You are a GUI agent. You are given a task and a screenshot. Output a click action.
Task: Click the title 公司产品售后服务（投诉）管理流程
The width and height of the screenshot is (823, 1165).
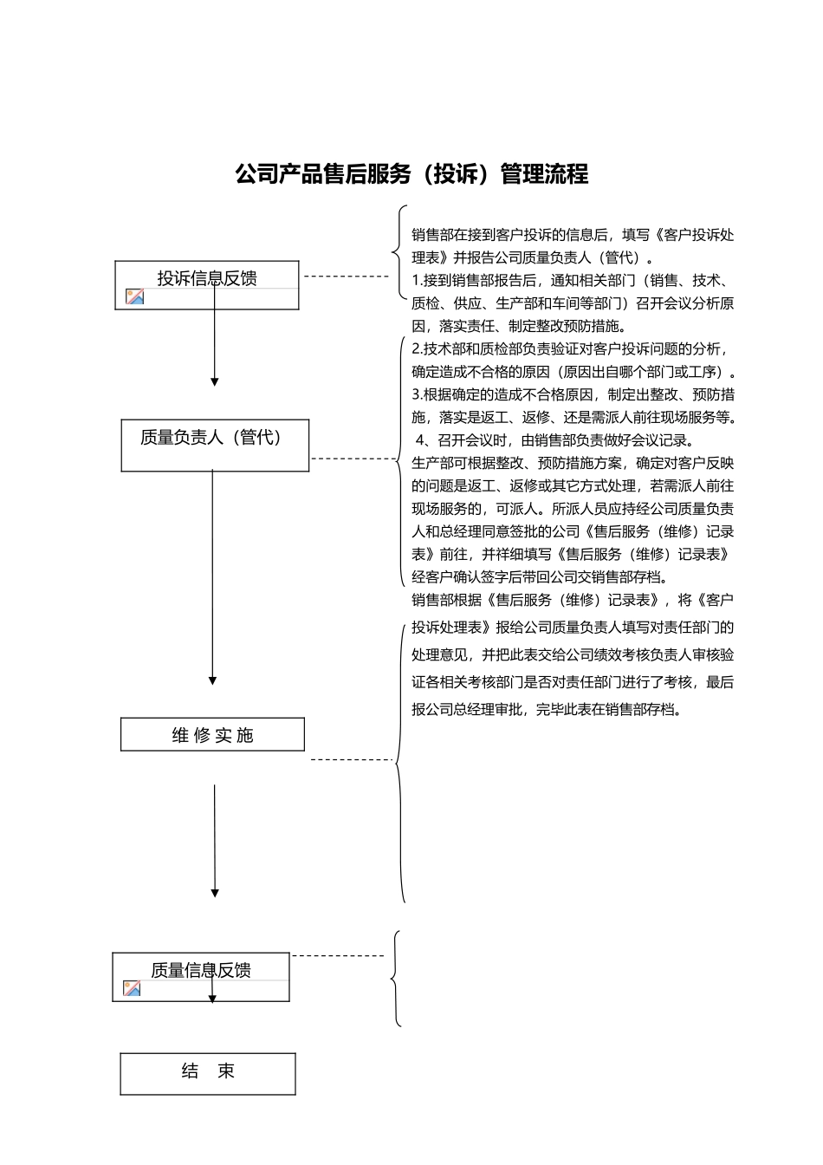[411, 174]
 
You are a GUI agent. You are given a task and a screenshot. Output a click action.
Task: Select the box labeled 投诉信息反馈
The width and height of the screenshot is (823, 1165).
[207, 284]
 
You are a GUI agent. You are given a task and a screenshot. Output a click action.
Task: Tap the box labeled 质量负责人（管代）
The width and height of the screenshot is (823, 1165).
[215, 446]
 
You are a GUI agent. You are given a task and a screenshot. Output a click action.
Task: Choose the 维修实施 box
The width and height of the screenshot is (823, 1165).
[212, 734]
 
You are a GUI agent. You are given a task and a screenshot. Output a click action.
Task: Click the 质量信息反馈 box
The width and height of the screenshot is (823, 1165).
[201, 976]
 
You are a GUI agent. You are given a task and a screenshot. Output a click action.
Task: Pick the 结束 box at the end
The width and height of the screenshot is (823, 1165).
[208, 1073]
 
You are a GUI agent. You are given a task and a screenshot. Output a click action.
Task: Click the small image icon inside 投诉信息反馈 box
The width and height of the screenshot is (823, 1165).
[134, 296]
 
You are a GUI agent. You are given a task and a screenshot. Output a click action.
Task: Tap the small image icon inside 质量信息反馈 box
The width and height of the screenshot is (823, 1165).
[132, 987]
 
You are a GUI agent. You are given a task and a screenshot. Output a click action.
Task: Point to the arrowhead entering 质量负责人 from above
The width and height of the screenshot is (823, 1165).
[215, 381]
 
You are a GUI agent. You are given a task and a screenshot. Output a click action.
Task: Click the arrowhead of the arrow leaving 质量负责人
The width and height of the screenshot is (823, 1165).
[212, 680]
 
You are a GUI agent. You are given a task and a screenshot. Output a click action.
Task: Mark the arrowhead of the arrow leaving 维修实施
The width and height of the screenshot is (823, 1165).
[215, 893]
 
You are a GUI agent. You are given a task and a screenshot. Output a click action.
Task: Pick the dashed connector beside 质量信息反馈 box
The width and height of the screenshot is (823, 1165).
[338, 956]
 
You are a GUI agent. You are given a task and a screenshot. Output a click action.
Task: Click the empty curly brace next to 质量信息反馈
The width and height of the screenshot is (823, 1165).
[396, 980]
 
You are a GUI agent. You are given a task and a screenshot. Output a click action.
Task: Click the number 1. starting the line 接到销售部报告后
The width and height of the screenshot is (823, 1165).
[417, 281]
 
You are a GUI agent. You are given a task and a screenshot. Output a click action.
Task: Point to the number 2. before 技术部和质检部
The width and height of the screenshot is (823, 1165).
[417, 349]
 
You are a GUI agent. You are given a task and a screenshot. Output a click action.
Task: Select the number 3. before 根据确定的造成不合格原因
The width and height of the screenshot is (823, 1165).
[417, 394]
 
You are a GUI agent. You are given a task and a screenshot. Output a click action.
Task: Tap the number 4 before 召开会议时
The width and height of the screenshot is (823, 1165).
[421, 439]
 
